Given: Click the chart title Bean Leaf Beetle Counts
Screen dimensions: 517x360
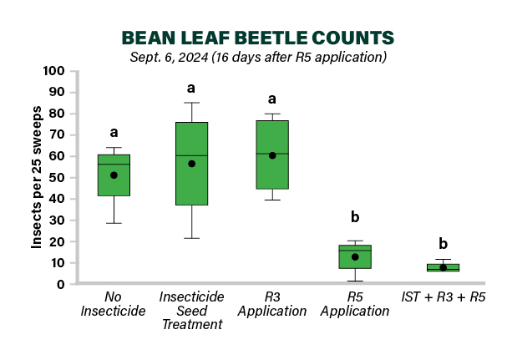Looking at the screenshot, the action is coord(258,38).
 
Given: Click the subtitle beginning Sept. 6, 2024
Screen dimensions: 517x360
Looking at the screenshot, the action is coord(258,57).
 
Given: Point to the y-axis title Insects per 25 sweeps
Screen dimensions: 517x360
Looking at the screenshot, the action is coord(36,177).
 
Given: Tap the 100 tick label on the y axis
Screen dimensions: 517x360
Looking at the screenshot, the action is coord(53,71).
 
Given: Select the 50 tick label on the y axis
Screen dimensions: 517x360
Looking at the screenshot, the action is coord(57,178).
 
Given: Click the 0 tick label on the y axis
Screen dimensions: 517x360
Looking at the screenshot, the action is coord(61,284).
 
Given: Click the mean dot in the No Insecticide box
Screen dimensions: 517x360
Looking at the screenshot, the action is coord(114,175).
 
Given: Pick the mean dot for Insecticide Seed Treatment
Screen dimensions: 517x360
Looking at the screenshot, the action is coord(191,164).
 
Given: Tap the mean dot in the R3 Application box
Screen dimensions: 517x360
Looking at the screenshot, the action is coord(272,155).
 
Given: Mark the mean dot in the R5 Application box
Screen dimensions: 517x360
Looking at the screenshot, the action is coord(355,257).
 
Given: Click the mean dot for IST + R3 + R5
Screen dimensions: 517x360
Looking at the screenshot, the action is coord(444,267).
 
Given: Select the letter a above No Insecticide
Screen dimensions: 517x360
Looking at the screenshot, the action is coord(114,133).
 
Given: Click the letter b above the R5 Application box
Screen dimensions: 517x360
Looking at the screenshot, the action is coord(355,217).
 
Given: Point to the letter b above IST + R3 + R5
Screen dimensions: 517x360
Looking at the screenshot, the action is coord(444,244).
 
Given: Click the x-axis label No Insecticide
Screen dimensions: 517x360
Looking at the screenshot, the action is coord(113,304).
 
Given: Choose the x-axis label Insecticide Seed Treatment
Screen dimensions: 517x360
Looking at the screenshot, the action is coord(191,311).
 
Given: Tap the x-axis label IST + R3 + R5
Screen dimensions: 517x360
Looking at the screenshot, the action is coord(444,297).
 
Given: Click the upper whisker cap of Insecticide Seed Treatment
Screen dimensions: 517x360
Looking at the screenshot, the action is coord(191,103).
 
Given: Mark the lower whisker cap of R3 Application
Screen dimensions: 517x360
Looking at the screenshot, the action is coord(272,200).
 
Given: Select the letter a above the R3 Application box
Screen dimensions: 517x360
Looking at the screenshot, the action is coord(272,99).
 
